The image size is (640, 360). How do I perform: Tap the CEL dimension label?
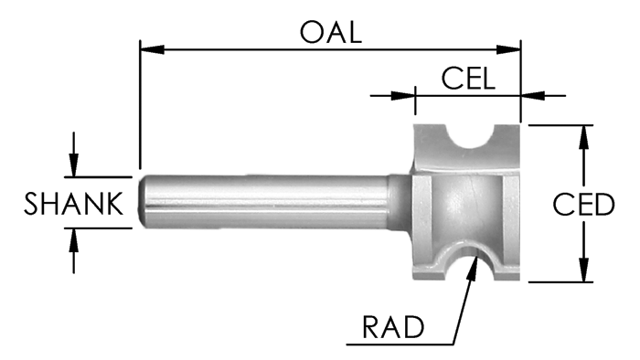pyautogui.click(x=467, y=78)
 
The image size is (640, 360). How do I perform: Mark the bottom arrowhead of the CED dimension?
pyautogui.click(x=582, y=274)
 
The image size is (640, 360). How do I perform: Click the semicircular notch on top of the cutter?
pyautogui.click(x=473, y=137)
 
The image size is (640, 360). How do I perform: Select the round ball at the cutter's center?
pyautogui.click(x=468, y=198)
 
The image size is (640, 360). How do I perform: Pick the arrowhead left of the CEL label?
pyautogui.click(x=408, y=92)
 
